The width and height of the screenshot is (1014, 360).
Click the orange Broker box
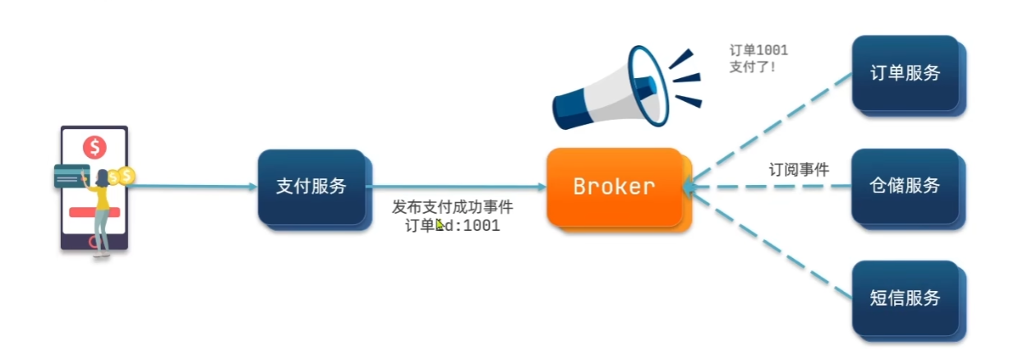(614, 186)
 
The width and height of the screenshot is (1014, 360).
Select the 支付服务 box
(311, 186)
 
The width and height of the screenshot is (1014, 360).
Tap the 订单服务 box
(905, 72)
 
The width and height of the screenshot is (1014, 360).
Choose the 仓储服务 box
(905, 186)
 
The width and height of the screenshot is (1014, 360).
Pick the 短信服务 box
(905, 298)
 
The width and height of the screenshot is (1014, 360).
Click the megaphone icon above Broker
(616, 89)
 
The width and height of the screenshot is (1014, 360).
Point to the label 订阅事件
(799, 170)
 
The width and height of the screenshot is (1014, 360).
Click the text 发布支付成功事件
(452, 207)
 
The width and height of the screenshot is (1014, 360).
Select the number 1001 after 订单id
(482, 225)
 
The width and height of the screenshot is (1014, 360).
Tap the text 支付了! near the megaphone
(752, 67)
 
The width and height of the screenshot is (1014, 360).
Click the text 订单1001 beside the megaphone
(758, 51)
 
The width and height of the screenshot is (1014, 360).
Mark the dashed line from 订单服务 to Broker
(772, 127)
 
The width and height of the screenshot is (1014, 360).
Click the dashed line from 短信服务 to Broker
(772, 244)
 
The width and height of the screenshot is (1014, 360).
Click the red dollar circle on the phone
(94, 148)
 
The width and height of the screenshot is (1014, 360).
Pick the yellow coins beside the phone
(123, 175)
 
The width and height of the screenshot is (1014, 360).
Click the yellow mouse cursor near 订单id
(440, 224)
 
